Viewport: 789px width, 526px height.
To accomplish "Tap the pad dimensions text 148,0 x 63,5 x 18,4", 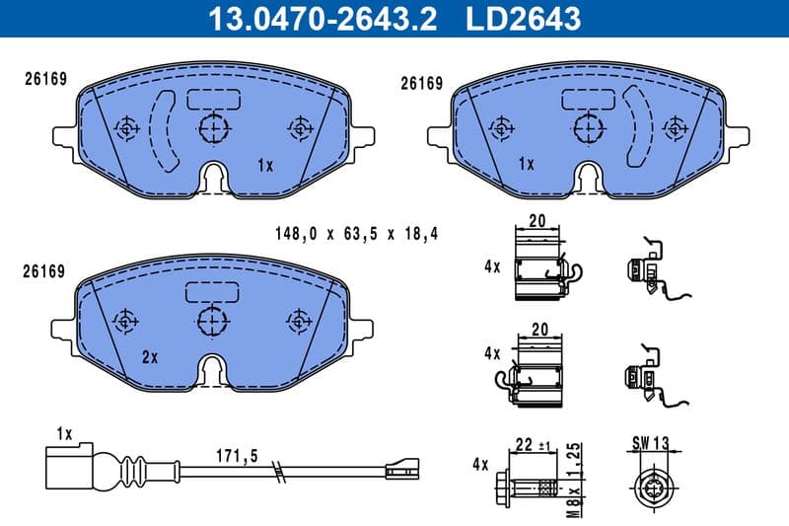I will (x=355, y=234).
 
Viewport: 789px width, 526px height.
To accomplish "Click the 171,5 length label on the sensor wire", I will (x=236, y=457).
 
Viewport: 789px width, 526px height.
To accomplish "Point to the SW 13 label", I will (x=648, y=445).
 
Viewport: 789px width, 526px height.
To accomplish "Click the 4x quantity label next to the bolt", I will (x=481, y=463).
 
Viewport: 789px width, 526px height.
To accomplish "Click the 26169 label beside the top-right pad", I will (x=420, y=84).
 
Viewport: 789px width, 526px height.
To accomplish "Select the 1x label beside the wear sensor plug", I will (x=65, y=434).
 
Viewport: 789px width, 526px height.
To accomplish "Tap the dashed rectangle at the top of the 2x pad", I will (x=212, y=291).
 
